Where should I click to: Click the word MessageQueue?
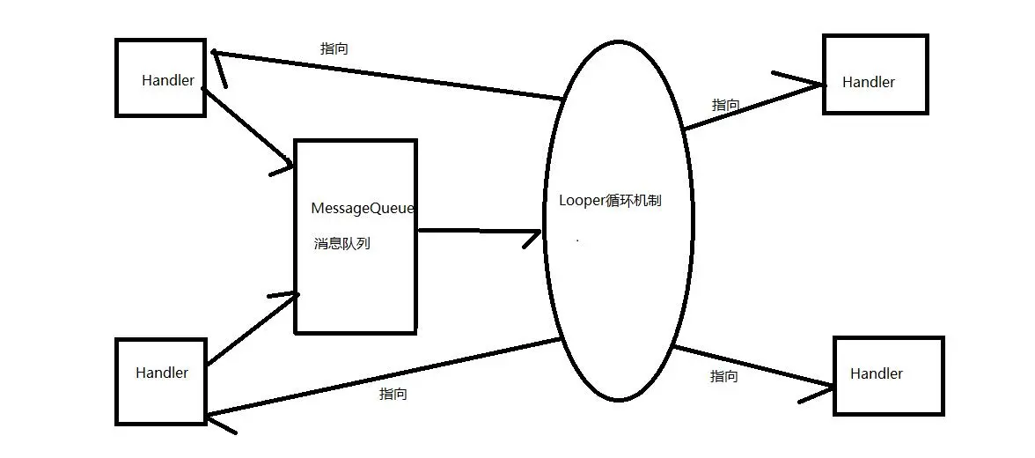coord(363,209)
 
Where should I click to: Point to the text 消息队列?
coord(342,244)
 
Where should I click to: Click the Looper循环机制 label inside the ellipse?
coord(610,200)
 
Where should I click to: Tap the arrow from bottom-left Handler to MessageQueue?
coord(251,330)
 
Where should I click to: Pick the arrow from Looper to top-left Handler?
coord(387,74)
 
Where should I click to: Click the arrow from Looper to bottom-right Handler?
coord(752,366)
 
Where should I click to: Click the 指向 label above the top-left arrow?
coord(334,49)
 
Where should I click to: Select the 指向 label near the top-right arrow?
coord(725,105)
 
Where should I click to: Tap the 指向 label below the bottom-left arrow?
coord(393,395)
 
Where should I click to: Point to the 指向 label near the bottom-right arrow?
coord(723,376)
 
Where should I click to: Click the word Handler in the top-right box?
coord(869,82)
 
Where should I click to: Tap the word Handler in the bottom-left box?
coord(162,373)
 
